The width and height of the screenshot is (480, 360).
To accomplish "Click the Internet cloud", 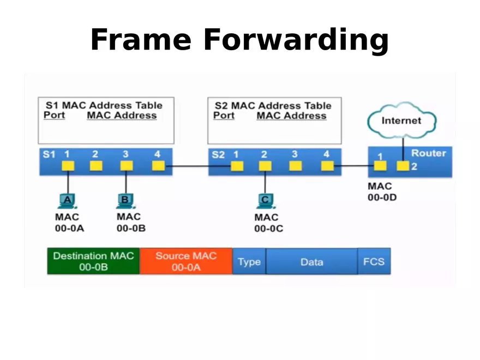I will point(401,121).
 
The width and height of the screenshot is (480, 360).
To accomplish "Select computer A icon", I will point(68,201).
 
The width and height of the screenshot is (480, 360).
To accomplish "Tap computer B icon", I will point(125,201).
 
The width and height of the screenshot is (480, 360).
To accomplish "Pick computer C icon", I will point(265,201).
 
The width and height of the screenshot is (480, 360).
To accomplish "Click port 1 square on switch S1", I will point(68,166).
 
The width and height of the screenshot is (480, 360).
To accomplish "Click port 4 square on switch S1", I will point(158,166).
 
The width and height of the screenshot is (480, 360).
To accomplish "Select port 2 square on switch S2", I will point(265,166).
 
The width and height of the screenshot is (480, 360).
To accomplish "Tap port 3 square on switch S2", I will point(295,166).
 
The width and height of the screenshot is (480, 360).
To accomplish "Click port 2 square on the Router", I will point(403,166).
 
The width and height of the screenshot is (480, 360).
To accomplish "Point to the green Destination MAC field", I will point(93,261).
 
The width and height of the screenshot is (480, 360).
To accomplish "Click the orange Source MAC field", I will point(186,261).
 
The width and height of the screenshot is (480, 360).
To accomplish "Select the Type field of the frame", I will point(249,262).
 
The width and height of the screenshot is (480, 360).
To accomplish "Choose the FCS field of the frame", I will point(374,262).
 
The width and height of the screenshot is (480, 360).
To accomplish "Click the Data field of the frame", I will point(311,262).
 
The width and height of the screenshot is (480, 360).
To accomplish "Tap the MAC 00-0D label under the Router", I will point(382,192).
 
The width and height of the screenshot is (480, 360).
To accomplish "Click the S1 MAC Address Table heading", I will point(104,105).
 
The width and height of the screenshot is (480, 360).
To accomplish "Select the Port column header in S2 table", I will point(224,116).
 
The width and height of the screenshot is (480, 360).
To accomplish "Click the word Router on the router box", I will point(428,153).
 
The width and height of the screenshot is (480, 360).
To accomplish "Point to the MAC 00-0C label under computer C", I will point(268,223).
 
